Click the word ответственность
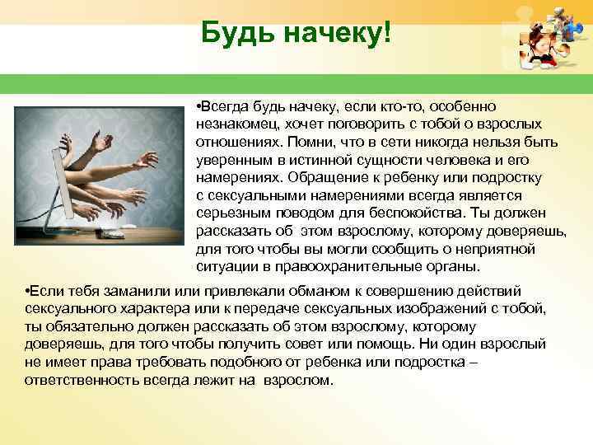(x=84, y=381)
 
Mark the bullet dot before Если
(x=28, y=292)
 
